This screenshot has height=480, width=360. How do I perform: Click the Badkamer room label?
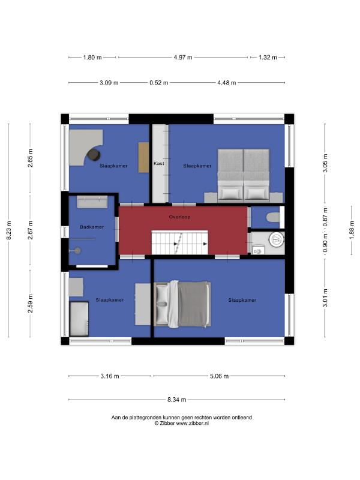point(92,227)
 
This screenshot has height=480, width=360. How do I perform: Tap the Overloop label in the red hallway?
point(179,217)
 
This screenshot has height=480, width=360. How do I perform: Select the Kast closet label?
point(159,163)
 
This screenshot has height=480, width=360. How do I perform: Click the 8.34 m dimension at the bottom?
point(176,400)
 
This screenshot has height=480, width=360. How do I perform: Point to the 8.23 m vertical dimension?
point(8,230)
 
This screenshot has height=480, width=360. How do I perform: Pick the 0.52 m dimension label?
point(159,83)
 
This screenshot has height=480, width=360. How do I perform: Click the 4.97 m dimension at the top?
point(183,57)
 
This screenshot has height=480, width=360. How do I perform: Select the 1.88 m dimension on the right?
point(352,230)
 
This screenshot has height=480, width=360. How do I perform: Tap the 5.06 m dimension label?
point(219,376)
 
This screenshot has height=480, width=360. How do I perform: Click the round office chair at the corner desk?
point(94,155)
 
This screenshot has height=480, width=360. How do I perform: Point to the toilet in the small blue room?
point(273,217)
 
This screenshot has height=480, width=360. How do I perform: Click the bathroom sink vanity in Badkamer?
point(92,202)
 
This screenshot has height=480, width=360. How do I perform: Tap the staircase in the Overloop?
point(179,242)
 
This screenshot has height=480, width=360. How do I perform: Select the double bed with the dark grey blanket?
point(182,304)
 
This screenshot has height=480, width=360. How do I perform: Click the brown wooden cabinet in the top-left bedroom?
point(143,157)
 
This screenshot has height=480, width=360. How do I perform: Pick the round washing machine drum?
point(277,239)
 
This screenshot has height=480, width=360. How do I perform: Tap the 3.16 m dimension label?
point(110,376)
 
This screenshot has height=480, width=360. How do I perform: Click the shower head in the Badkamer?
point(77,251)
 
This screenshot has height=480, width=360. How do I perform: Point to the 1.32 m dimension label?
point(268,57)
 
